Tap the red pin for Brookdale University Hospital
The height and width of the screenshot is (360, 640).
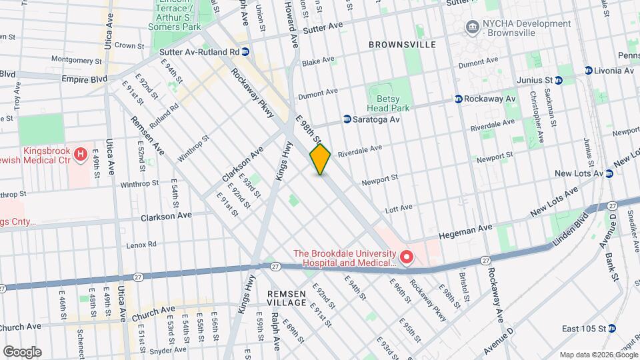[x=405, y=255]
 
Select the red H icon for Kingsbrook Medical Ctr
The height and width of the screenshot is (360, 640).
[x=81, y=155]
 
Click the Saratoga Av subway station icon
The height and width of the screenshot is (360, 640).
[x=347, y=119]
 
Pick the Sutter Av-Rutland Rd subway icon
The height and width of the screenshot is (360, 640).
[x=245, y=51]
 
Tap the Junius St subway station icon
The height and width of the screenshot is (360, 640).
[x=559, y=80]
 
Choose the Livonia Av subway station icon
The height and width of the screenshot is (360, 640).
[x=589, y=71]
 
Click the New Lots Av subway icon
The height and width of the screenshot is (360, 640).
[x=609, y=173]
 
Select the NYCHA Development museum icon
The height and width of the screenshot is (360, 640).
[x=473, y=27]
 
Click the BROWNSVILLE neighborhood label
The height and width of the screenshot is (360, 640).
[x=402, y=45]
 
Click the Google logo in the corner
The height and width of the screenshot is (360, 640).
[x=22, y=351]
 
